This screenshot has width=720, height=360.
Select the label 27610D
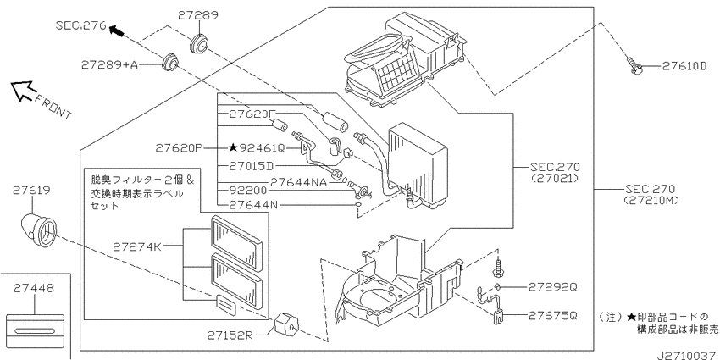tap(684, 65)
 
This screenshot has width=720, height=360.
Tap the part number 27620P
tap(180, 147)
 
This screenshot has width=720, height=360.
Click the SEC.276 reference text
tap(81, 26)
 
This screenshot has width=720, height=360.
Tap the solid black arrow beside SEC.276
tap(118, 31)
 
